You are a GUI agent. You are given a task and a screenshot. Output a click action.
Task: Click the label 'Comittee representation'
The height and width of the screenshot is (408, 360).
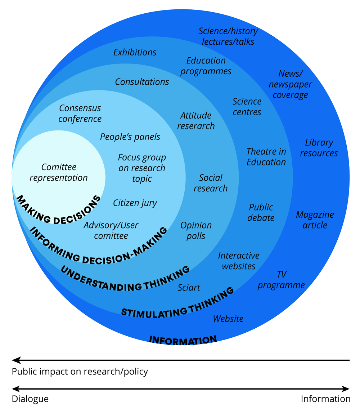click(59, 172)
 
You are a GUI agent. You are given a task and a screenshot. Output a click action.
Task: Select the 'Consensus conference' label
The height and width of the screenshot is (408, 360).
click(80, 113)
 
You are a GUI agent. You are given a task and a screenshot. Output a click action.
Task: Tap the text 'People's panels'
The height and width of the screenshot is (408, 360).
click(130, 137)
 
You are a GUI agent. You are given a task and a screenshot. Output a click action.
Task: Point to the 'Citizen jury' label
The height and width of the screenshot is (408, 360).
click(135, 203)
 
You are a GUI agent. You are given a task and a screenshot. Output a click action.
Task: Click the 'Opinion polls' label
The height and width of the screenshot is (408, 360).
click(196, 231)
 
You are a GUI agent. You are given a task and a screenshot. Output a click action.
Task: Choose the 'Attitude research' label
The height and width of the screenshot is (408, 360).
click(196, 121)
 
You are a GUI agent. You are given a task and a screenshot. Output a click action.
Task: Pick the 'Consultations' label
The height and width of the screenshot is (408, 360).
click(142, 82)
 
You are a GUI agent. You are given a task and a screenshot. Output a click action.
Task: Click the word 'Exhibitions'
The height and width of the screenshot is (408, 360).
click(135, 52)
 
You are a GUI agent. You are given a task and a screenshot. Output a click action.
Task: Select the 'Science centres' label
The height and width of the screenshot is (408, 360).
click(247, 107)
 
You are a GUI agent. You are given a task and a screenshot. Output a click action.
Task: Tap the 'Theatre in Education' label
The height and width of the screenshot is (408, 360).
click(266, 157)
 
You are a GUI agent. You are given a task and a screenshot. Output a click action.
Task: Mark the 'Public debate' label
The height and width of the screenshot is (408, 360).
click(261, 213)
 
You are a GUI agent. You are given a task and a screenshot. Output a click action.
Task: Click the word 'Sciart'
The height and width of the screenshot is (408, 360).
click(189, 288)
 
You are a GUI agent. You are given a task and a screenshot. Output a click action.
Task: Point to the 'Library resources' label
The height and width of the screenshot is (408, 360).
click(319, 148)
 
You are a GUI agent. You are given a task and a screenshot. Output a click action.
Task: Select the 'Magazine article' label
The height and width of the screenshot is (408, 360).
click(315, 220)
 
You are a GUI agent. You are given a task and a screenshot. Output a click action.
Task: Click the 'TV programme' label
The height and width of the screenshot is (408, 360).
click(281, 280)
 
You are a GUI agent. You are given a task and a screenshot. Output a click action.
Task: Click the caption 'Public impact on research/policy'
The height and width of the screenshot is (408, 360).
click(80, 372)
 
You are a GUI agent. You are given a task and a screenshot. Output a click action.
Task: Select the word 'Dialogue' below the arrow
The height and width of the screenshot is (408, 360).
click(30, 399)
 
